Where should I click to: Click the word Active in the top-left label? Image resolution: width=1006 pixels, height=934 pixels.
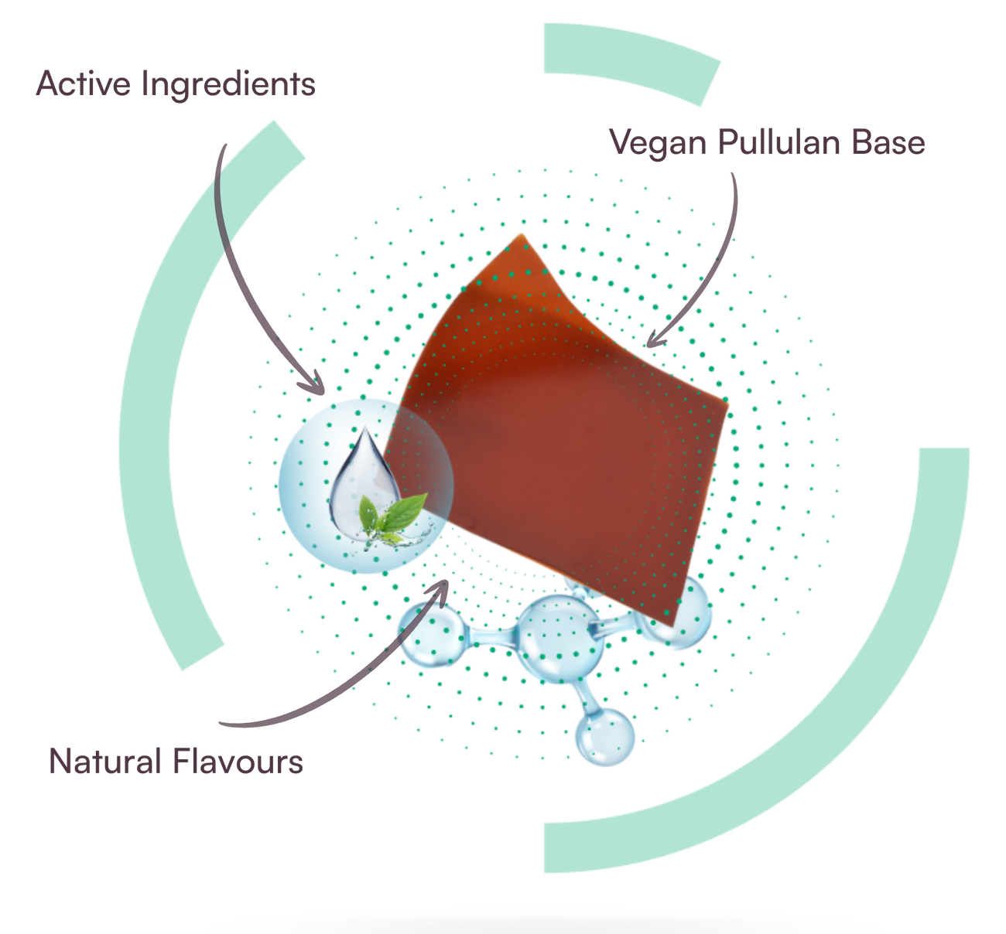84,84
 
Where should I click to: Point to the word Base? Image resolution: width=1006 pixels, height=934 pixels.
888,142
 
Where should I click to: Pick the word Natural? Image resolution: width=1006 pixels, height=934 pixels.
104,762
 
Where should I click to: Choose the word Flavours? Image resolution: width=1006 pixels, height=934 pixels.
238,762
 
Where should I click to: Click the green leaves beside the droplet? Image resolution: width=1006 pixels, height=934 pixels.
392,517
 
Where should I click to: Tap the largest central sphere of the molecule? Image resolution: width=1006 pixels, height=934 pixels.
559,639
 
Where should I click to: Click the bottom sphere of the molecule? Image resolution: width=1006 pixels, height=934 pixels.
605,736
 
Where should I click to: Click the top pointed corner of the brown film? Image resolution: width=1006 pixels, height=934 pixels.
522,234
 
